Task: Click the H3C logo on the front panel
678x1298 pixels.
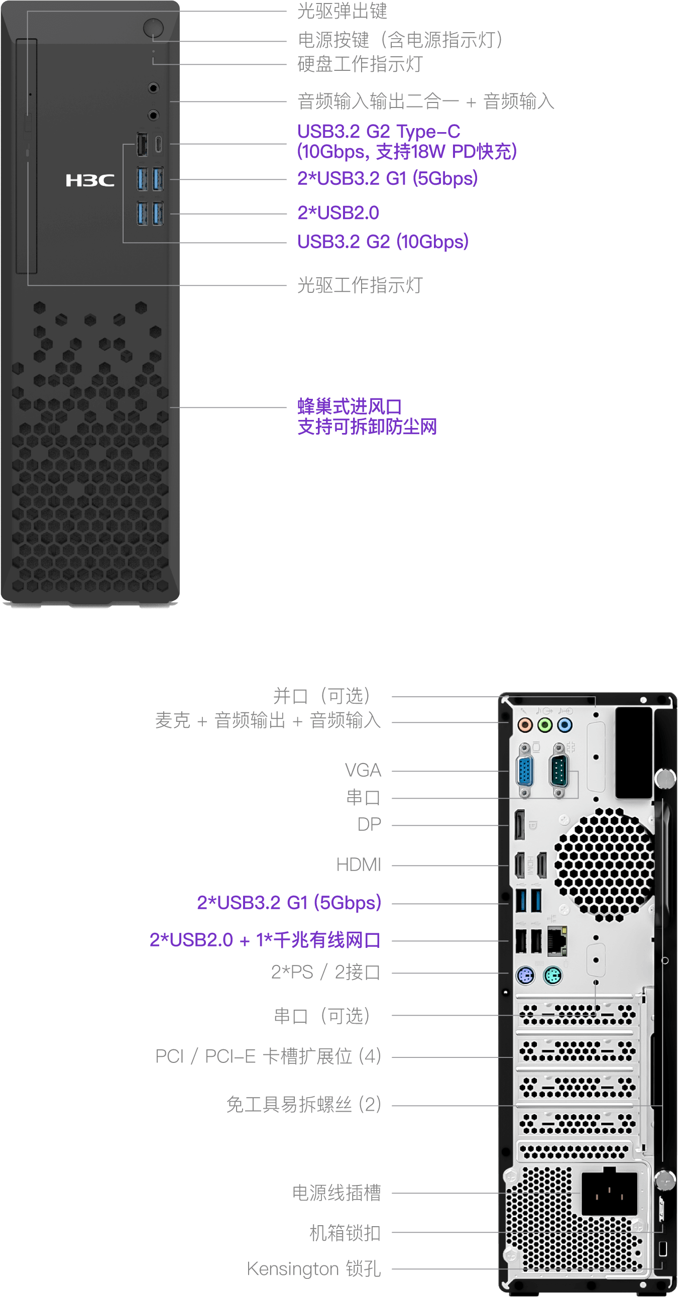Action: [90, 180]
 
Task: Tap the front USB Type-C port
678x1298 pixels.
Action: [158, 144]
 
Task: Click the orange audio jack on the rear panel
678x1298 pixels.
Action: [525, 725]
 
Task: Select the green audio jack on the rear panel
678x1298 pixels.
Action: [544, 725]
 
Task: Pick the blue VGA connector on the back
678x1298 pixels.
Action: [524, 771]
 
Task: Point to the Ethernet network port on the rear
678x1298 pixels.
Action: [556, 940]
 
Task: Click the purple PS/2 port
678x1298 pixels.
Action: [525, 977]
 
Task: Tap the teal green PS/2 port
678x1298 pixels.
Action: [552, 977]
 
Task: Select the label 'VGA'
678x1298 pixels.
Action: [363, 771]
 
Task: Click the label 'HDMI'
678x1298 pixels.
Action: [359, 864]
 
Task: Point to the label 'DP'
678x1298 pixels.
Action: [369, 824]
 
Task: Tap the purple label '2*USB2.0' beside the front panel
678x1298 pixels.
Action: [338, 213]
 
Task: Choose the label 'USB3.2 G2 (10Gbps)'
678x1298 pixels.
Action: [383, 242]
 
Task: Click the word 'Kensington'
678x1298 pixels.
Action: [292, 1268]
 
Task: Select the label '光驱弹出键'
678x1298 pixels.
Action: [342, 11]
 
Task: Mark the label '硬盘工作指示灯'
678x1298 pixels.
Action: [360, 64]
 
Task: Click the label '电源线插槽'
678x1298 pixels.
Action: [336, 1193]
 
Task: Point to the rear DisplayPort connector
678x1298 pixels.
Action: [519, 825]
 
